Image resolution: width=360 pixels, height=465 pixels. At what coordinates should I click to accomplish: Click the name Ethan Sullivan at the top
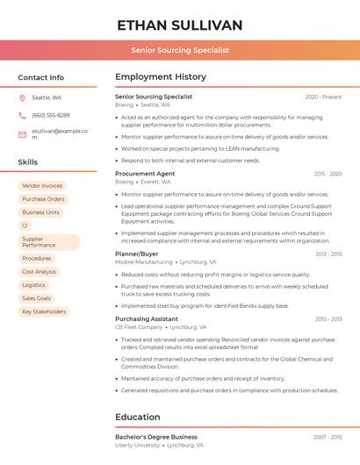(x=179, y=25)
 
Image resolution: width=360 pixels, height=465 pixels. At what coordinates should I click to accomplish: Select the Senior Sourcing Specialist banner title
(x=179, y=50)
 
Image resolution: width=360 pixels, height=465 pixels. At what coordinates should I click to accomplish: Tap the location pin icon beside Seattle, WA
(x=22, y=97)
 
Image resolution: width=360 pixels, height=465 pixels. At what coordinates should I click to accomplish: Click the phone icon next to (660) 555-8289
(x=22, y=115)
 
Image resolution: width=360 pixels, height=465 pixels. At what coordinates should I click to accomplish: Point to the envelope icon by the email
(x=22, y=134)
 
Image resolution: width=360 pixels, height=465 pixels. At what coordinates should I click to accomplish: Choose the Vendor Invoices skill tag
(x=42, y=186)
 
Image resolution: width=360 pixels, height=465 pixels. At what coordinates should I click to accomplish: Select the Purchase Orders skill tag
(x=43, y=199)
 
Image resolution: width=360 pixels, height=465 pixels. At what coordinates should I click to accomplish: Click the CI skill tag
(x=25, y=225)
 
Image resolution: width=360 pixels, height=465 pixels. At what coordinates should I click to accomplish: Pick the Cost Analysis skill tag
(x=39, y=272)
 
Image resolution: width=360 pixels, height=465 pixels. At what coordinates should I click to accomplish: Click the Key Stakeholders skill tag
(x=44, y=311)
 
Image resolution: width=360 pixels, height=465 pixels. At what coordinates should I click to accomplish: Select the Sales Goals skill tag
(x=37, y=298)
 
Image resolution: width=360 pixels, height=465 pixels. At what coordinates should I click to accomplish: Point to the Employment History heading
(x=161, y=77)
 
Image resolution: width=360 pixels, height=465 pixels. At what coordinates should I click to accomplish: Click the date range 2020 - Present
(x=323, y=97)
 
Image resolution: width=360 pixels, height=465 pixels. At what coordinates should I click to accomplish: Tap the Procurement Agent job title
(x=145, y=174)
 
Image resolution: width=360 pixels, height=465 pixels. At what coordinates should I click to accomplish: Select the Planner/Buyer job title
(x=137, y=254)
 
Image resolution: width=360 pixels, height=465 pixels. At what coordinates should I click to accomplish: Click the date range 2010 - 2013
(x=328, y=318)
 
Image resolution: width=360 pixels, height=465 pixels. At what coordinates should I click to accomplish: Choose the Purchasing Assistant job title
(x=147, y=318)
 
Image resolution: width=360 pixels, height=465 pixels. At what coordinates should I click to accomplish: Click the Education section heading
(x=138, y=417)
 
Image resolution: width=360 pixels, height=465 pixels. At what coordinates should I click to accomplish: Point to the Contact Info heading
(x=41, y=77)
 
